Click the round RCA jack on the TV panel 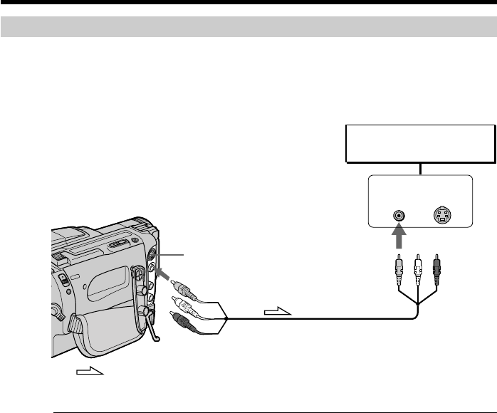click(400, 214)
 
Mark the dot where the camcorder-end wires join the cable click(225, 318)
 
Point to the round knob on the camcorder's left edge click(53, 310)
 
